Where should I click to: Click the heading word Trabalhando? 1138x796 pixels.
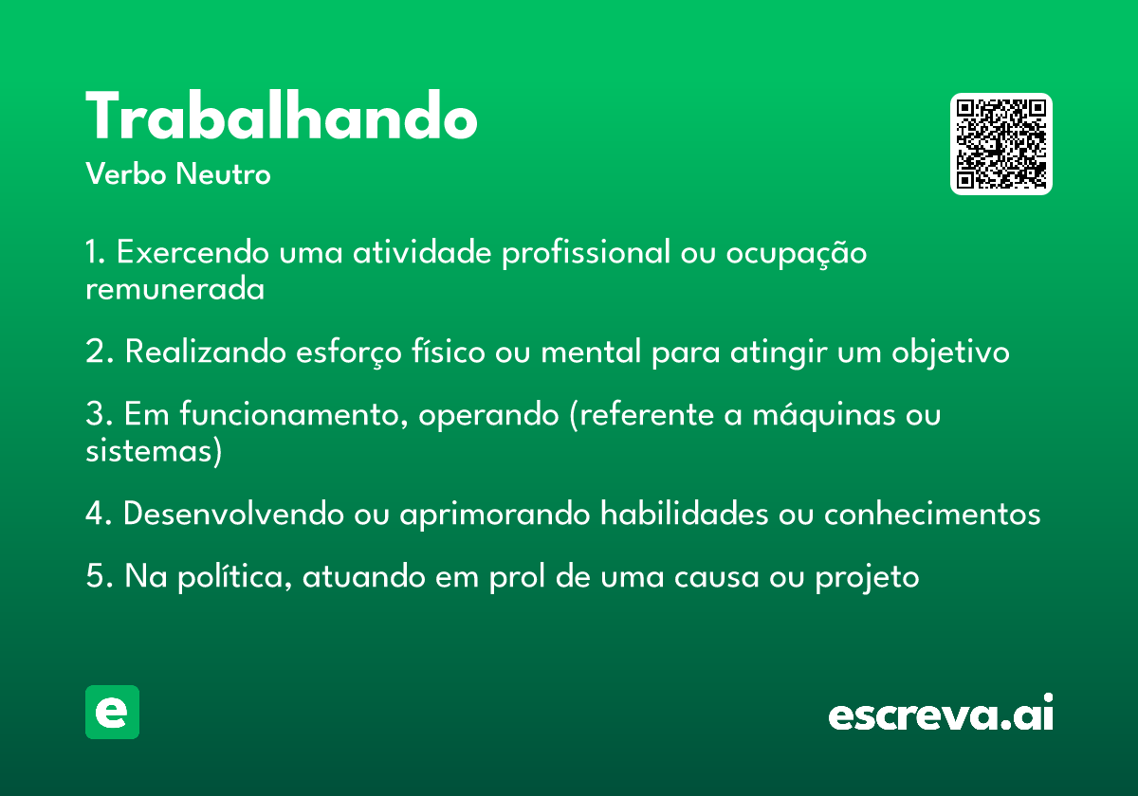pyautogui.click(x=282, y=116)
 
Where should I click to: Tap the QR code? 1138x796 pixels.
pyautogui.click(x=1000, y=144)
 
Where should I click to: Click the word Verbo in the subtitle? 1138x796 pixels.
pyautogui.click(x=126, y=174)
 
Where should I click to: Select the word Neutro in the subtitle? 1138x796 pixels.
pyautogui.click(x=223, y=174)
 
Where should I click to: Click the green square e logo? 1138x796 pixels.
pyautogui.click(x=112, y=712)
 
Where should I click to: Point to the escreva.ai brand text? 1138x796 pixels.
pyautogui.click(x=941, y=713)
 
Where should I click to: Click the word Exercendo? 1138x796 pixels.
pyautogui.click(x=193, y=252)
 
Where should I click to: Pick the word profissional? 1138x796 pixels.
pyautogui.click(x=586, y=253)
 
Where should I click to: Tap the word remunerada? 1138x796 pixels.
pyautogui.click(x=174, y=289)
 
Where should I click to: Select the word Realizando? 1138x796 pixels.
pyautogui.click(x=206, y=352)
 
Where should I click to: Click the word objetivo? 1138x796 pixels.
pyautogui.click(x=950, y=353)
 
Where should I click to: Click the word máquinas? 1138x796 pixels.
pyautogui.click(x=824, y=414)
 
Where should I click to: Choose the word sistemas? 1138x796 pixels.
pyautogui.click(x=148, y=451)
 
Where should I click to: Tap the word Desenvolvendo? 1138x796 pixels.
pyautogui.click(x=233, y=514)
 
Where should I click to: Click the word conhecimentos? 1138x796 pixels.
pyautogui.click(x=932, y=514)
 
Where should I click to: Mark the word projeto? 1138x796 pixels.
pyautogui.click(x=867, y=578)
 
